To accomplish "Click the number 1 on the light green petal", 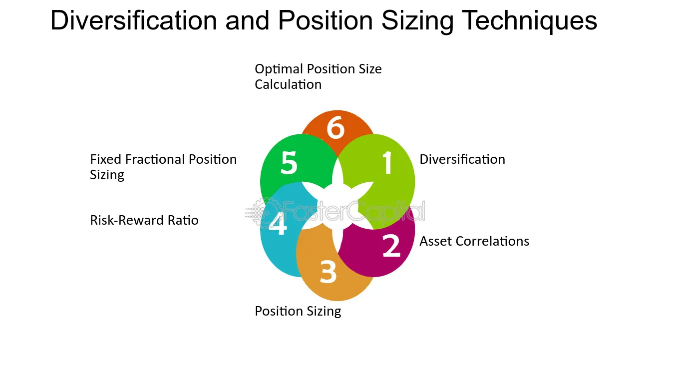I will point(387,163).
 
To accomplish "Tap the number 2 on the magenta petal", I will point(391,245).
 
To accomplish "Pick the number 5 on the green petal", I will point(289,163).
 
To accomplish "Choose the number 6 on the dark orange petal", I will point(336,128).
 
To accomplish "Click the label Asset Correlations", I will point(474,241).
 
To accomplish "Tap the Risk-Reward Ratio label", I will point(144,220).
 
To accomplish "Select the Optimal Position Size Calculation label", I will point(318,76).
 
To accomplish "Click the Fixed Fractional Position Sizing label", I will point(163,167).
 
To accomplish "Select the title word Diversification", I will point(133,21).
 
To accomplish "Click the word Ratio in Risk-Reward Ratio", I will point(183,220).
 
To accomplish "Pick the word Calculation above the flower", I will point(288,84).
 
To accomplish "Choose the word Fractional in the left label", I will point(156,159).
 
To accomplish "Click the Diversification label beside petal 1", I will point(462,159).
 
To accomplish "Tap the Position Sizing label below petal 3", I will point(298,311).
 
